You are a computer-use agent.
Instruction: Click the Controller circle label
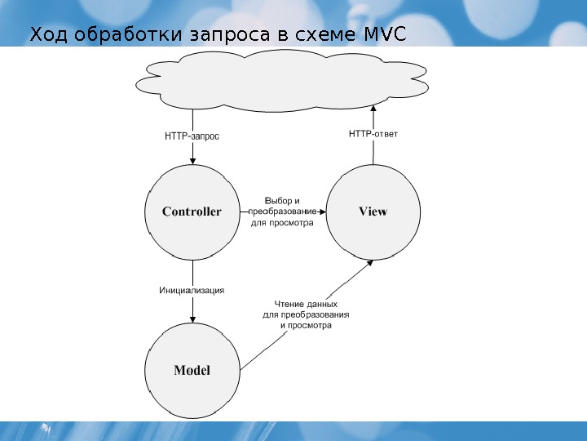(x=192, y=212)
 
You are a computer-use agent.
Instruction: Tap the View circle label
(x=373, y=212)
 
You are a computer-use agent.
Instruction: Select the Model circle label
(x=192, y=370)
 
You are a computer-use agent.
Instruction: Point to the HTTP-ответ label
(x=373, y=132)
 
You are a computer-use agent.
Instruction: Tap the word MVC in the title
(x=382, y=36)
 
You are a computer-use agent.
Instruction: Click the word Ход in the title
(x=46, y=36)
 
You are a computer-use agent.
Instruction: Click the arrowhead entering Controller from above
(x=192, y=161)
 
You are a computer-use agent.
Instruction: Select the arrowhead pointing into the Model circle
(x=192, y=319)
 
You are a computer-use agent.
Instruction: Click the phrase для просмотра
(x=282, y=221)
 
